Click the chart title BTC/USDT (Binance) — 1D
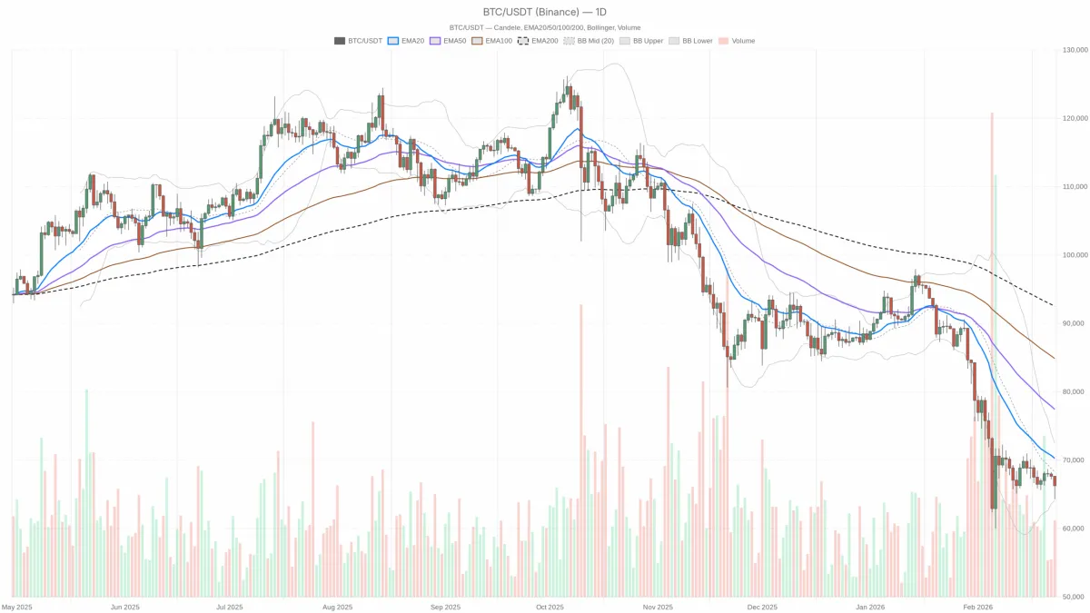point(544,12)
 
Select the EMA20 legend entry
point(407,41)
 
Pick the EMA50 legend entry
point(449,41)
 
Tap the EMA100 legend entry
point(493,41)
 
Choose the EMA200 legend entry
point(539,41)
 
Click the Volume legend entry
point(737,41)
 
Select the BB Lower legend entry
point(691,41)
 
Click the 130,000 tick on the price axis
point(1075,50)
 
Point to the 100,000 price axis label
point(1075,255)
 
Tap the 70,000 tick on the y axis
point(1075,460)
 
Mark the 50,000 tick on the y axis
point(1075,597)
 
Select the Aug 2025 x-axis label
point(337,607)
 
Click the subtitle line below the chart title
point(544,27)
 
